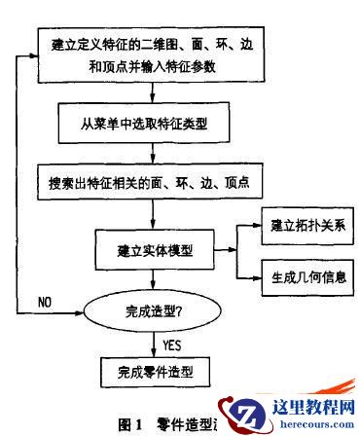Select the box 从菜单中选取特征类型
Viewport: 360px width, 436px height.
pyautogui.click(x=153, y=127)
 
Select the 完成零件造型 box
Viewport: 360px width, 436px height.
pyautogui.click(x=150, y=371)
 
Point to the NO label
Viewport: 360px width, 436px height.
pyautogui.click(x=45, y=302)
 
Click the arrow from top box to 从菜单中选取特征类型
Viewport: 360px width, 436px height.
pyautogui.click(x=152, y=94)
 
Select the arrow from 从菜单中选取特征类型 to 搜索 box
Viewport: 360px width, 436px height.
pyautogui.click(x=152, y=155)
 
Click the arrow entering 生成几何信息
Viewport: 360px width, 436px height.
pyautogui.click(x=249, y=277)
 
